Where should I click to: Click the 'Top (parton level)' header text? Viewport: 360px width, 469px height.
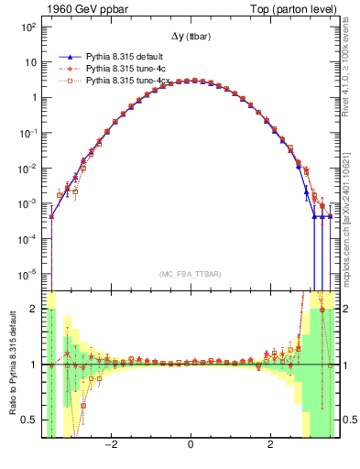pos(293,8)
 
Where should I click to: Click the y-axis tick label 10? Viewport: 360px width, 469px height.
pos(31,62)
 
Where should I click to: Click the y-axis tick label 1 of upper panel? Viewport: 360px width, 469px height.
pos(35,98)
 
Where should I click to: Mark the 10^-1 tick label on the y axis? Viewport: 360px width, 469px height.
pos(28,133)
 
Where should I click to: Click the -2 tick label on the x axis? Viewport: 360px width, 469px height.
pos(111,446)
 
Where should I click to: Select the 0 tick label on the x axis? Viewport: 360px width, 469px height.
pos(191,446)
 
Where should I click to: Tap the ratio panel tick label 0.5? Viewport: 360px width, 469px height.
pos(30,420)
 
